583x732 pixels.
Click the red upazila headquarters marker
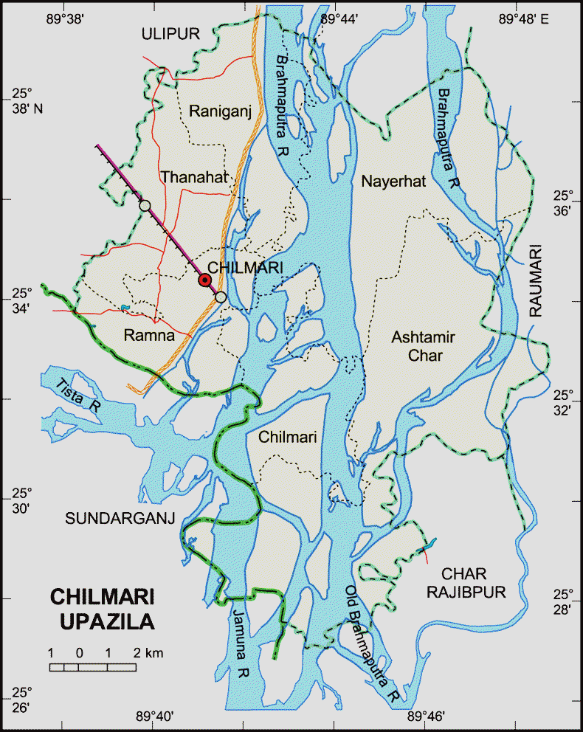[x=204, y=280]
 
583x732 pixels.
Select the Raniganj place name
[x=221, y=111]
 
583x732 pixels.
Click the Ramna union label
[x=150, y=336]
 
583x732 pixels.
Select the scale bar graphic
[x=93, y=667]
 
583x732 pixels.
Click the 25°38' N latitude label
[x=27, y=101]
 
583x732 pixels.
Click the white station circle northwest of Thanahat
[x=145, y=204]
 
